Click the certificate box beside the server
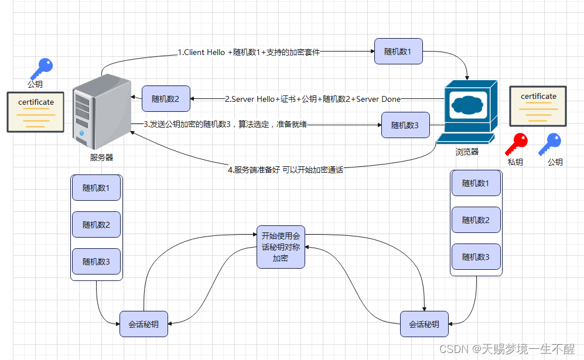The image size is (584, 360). point(36,112)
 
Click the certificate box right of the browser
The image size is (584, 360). point(538,106)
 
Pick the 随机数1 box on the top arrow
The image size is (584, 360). point(398,52)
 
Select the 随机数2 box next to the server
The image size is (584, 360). point(165,98)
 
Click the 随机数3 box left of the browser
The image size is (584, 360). point(405,125)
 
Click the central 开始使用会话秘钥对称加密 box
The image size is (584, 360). point(281,247)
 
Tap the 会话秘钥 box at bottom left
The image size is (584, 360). point(144,324)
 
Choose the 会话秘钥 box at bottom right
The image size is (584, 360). point(424,324)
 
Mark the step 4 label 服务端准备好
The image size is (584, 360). point(285,170)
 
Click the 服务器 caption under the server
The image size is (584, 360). point(101,157)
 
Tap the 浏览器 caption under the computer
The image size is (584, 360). point(467,152)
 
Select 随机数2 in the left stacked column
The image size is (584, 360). point(96,225)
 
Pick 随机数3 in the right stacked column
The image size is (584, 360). point(476,256)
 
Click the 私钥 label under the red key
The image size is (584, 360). point(515,162)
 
